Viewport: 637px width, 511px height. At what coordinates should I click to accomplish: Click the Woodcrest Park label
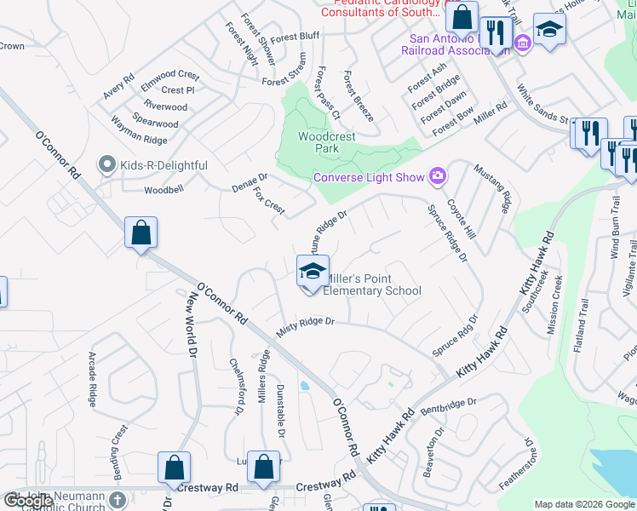[x=318, y=142]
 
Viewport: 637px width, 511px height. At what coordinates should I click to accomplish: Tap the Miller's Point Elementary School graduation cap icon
[x=313, y=273]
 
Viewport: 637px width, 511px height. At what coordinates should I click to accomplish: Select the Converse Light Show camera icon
[x=438, y=175]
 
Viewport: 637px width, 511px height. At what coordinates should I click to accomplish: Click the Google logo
[x=28, y=501]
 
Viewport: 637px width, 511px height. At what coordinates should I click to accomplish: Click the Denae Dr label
[x=250, y=183]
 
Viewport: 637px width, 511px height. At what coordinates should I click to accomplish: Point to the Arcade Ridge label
[x=93, y=378]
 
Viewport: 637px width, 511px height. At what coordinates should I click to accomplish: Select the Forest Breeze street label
[x=359, y=95]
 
